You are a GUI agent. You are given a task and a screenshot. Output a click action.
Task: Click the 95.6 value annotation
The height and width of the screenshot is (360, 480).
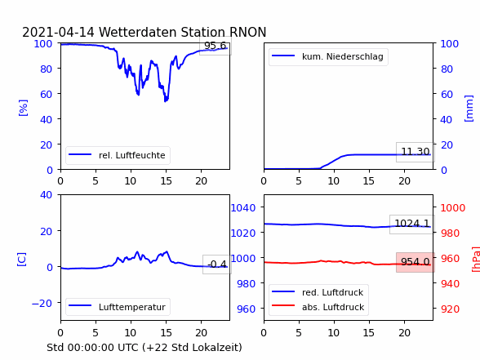click(216, 46)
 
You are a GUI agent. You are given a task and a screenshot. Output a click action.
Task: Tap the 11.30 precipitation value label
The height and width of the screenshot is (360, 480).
click(416, 152)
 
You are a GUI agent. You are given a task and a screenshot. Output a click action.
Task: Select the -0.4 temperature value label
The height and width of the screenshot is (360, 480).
click(217, 264)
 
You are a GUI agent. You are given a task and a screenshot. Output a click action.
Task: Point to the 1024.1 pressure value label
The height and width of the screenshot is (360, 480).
click(412, 224)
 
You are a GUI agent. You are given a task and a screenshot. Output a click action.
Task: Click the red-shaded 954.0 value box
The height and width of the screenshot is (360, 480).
click(416, 262)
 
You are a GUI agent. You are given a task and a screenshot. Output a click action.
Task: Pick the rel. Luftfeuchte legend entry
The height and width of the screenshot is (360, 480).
click(118, 155)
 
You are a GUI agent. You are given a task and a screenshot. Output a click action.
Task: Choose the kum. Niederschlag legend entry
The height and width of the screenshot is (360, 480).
click(328, 56)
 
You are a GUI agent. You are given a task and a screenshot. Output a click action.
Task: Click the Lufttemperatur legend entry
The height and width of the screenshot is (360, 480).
click(118, 307)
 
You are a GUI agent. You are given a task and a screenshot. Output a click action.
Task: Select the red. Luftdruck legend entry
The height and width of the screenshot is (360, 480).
click(318, 292)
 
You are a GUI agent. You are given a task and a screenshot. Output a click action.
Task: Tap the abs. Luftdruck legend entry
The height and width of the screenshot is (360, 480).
click(318, 307)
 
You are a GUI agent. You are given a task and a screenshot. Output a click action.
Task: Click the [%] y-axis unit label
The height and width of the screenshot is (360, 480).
click(23, 108)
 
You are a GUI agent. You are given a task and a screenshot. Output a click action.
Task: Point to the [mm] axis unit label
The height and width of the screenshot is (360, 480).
click(469, 109)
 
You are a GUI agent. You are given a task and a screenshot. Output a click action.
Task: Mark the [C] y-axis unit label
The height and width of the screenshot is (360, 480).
click(22, 260)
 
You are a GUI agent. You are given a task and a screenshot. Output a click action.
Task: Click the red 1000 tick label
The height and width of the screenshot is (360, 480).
click(453, 208)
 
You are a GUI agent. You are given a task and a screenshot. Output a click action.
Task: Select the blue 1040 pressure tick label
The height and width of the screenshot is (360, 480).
click(243, 208)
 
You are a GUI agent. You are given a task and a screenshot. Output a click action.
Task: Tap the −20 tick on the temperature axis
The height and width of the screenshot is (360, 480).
click(42, 303)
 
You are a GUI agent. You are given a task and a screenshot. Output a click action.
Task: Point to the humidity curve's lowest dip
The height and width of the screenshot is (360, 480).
click(166, 100)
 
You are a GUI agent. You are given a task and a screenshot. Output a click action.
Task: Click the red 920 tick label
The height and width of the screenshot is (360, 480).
click(451, 309)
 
